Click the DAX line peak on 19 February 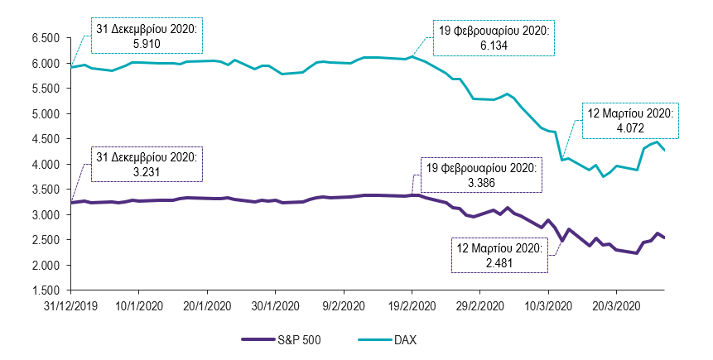click(x=412, y=56)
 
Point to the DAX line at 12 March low click(x=562, y=160)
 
